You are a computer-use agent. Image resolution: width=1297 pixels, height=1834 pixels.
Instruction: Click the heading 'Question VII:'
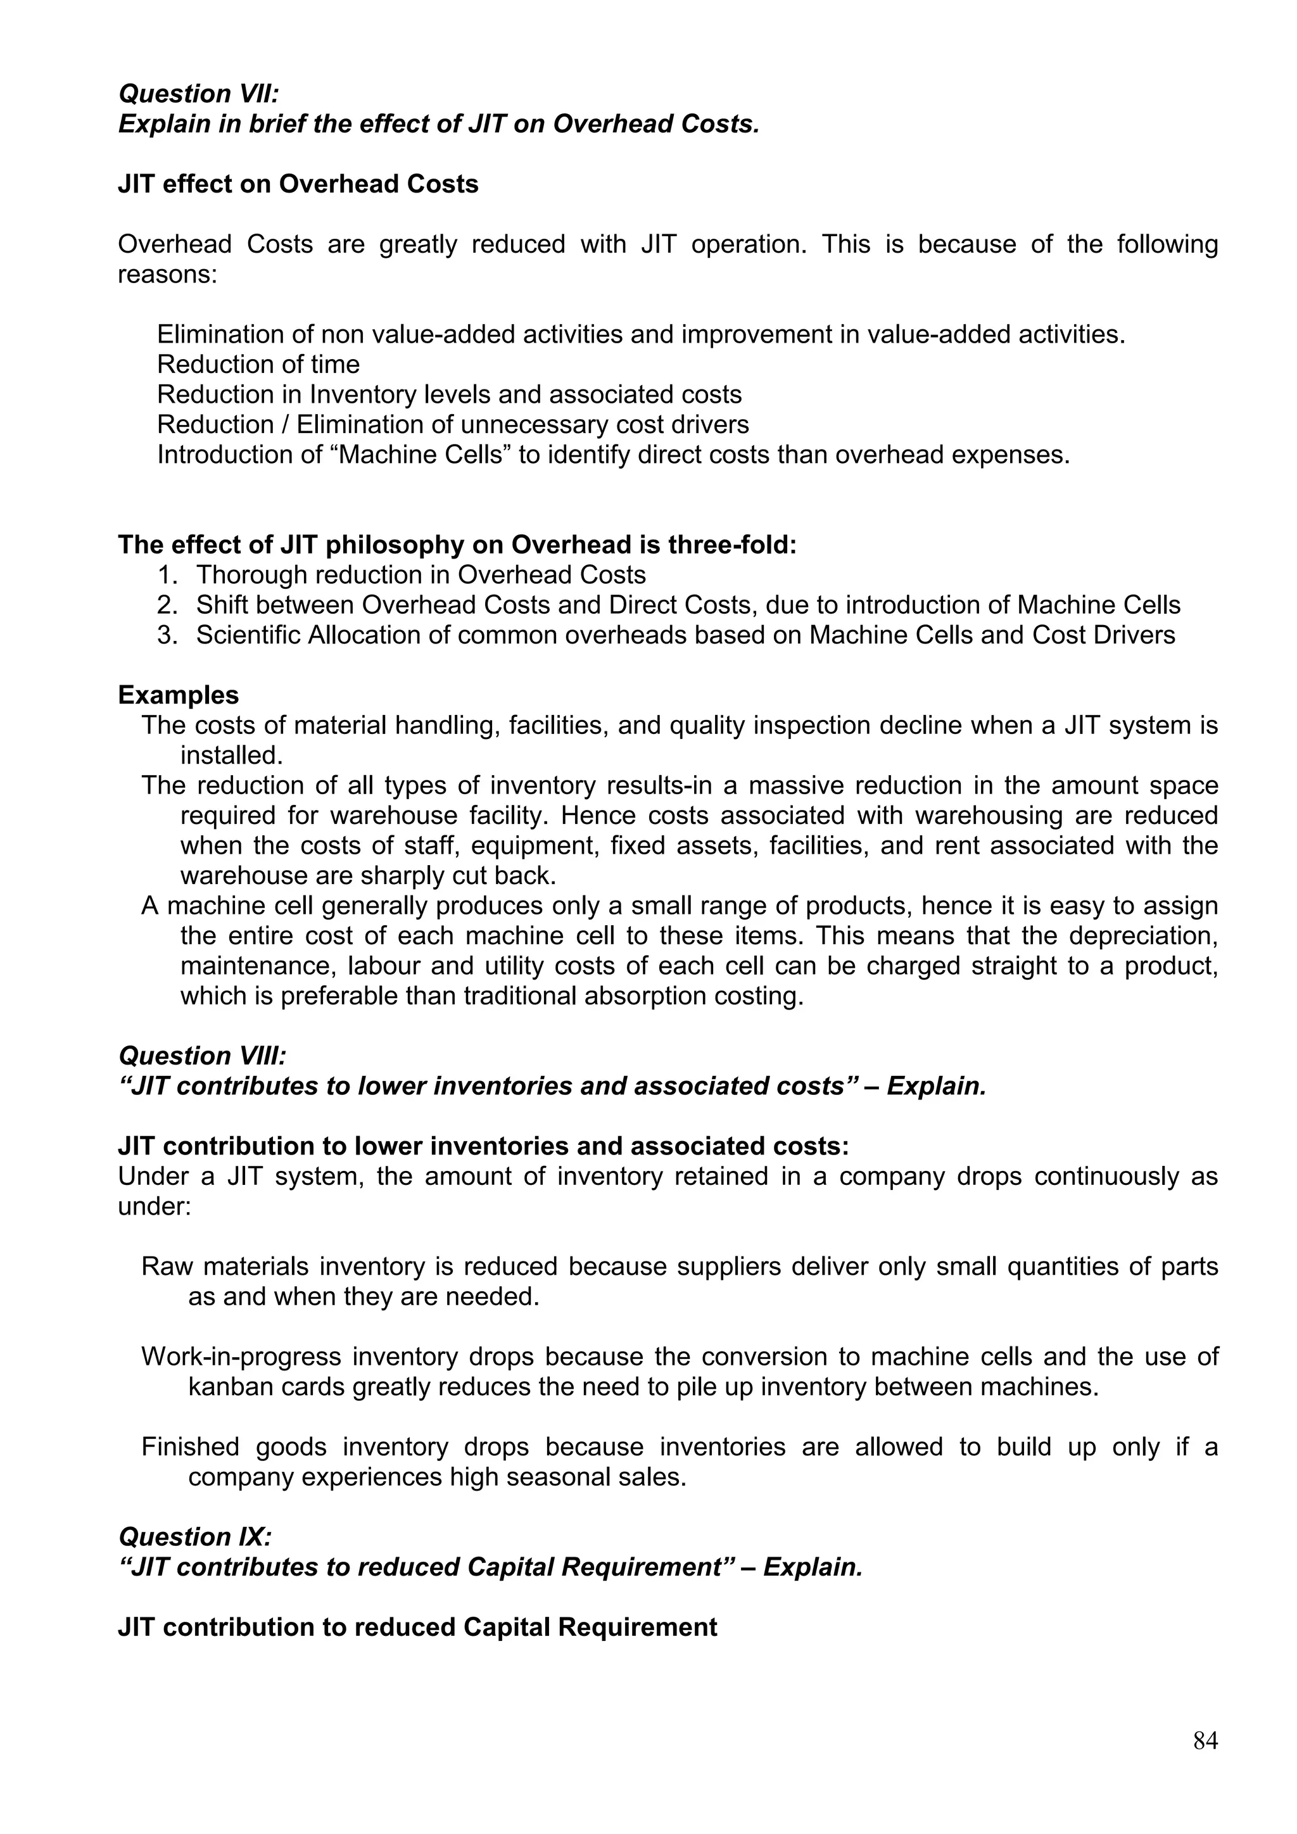[199, 94]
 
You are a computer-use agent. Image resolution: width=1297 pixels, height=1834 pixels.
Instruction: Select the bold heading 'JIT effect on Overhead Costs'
[298, 184]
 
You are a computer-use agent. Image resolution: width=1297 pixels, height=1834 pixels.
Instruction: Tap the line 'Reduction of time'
[258, 364]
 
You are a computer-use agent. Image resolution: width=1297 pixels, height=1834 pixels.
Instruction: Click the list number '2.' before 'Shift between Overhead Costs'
[168, 605]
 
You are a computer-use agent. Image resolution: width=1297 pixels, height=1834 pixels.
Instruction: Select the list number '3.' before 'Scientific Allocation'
[168, 635]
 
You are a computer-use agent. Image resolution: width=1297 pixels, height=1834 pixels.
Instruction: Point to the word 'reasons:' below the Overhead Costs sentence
[168, 275]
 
